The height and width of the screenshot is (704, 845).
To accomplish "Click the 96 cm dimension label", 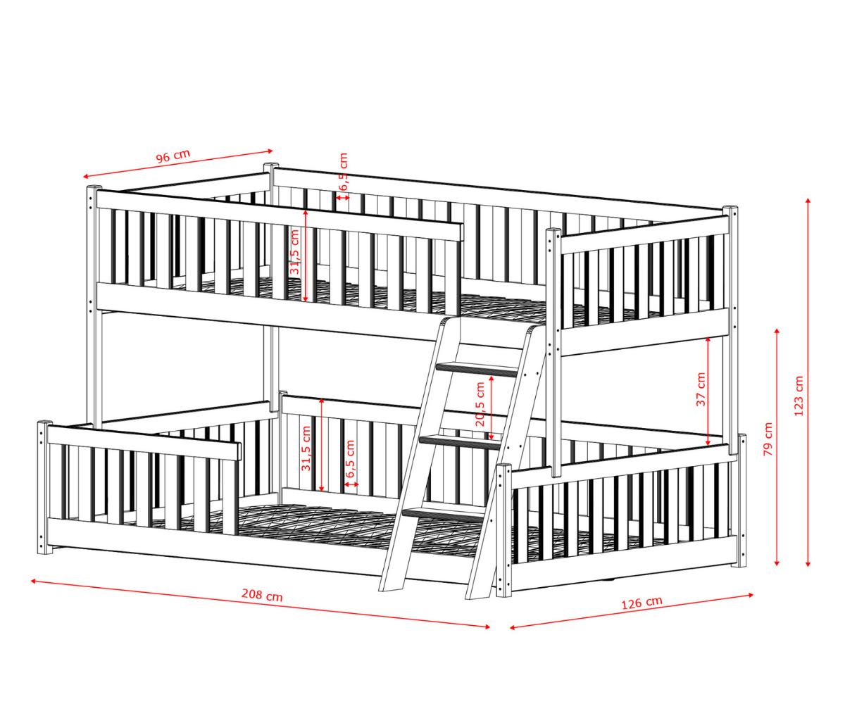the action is click(173, 156).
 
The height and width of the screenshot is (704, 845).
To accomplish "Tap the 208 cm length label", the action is click(262, 595).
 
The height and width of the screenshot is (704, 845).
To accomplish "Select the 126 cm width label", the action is click(641, 603).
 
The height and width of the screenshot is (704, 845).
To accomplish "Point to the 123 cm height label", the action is click(799, 396).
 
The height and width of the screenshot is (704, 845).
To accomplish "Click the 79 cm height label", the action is click(768, 439).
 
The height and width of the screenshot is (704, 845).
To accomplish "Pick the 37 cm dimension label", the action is click(701, 389).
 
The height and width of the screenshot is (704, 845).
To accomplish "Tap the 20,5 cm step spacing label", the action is click(480, 404).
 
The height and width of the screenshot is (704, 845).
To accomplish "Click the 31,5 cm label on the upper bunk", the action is click(294, 252).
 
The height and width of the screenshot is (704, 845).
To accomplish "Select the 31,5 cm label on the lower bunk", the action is click(306, 448).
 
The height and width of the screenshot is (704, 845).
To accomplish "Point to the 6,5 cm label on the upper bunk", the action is click(343, 172).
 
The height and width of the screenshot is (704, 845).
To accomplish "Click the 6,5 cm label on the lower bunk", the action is click(350, 458).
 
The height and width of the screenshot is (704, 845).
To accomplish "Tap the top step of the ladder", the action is click(477, 369).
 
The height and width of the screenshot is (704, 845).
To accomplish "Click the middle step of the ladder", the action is click(459, 442).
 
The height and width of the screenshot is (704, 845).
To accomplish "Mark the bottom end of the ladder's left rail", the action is click(391, 590).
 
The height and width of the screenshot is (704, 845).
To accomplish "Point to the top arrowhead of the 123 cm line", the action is click(808, 201).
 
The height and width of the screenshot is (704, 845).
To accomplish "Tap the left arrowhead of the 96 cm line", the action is click(85, 177).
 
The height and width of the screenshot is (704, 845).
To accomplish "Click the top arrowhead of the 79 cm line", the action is click(777, 331).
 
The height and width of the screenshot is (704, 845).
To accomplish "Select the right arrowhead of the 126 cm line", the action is click(751, 595).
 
